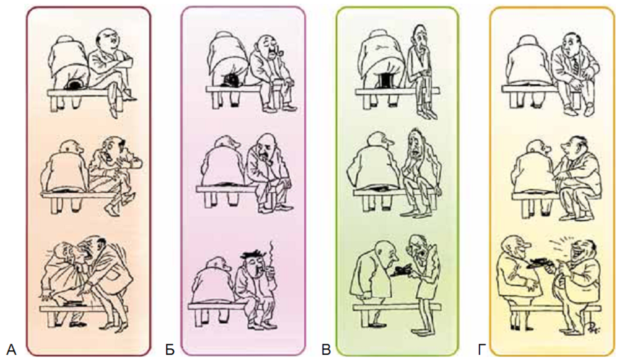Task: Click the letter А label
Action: click(x=11, y=349)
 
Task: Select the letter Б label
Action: click(x=170, y=349)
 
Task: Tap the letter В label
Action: click(x=326, y=349)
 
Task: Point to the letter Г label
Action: click(x=481, y=349)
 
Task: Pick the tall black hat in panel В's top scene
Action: click(x=383, y=80)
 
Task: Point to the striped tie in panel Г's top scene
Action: click(x=575, y=65)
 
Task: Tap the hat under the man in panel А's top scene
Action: click(x=74, y=85)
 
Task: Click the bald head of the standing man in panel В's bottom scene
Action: click(x=381, y=247)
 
